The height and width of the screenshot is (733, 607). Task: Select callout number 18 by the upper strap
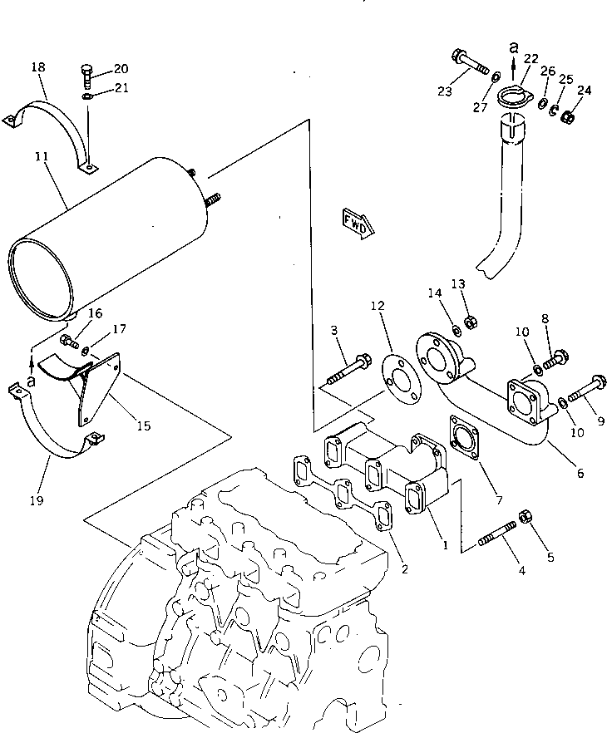tap(37, 66)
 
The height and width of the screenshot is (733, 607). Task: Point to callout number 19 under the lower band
tap(37, 500)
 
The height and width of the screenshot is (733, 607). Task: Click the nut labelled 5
tap(525, 518)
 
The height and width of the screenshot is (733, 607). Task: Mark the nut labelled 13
tap(468, 320)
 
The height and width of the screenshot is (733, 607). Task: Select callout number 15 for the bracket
tap(143, 426)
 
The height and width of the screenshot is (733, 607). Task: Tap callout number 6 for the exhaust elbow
tap(580, 474)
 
